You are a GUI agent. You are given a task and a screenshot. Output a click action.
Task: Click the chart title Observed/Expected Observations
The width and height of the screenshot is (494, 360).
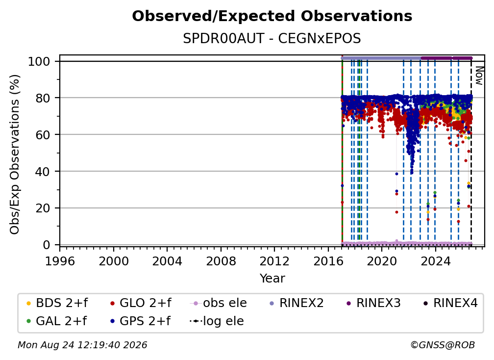pyautogui.click(x=272, y=16)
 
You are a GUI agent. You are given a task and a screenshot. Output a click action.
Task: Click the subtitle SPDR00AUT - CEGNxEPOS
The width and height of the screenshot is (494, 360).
pyautogui.click(x=272, y=39)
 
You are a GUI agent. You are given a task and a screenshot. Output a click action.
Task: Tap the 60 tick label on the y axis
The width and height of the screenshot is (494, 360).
pyautogui.click(x=43, y=135)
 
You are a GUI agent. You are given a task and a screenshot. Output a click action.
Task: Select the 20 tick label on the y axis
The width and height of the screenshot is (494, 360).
pyautogui.click(x=43, y=208)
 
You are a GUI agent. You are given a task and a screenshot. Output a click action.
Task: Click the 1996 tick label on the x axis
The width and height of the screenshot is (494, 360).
pyautogui.click(x=60, y=261)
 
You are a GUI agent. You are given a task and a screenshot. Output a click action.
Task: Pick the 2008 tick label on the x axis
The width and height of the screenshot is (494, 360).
pyautogui.click(x=221, y=261)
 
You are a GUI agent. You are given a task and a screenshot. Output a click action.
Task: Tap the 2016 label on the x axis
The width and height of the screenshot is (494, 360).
pyautogui.click(x=328, y=261)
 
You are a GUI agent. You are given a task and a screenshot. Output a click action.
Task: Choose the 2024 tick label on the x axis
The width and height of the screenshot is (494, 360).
pyautogui.click(x=435, y=261)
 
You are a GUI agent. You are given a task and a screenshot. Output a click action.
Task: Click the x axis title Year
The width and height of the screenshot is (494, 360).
pyautogui.click(x=272, y=279)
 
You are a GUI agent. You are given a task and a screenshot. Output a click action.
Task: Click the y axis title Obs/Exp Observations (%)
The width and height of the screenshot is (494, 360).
pyautogui.click(x=15, y=154)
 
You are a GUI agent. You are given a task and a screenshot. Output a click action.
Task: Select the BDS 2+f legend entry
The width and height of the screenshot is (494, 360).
pyautogui.click(x=57, y=303)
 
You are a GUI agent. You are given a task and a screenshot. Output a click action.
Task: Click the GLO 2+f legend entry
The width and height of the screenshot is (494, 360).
pyautogui.click(x=141, y=303)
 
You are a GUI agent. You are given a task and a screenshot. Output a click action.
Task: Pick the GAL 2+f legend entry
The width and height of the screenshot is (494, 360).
pyautogui.click(x=56, y=321)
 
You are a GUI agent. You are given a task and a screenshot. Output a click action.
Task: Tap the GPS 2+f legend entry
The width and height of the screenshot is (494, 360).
pyautogui.click(x=140, y=321)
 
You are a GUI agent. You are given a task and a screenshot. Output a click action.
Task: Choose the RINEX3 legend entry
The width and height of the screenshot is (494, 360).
pyautogui.click(x=373, y=303)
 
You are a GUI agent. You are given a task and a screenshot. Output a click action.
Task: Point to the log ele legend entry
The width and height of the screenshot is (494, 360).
pyautogui.click(x=217, y=321)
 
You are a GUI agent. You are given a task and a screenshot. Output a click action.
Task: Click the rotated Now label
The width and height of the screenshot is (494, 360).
pyautogui.click(x=479, y=76)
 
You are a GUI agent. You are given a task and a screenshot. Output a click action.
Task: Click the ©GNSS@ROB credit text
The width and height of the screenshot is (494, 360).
pyautogui.click(x=443, y=345)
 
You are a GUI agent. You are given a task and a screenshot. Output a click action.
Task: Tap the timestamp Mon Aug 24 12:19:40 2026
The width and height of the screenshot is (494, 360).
pyautogui.click(x=82, y=345)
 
